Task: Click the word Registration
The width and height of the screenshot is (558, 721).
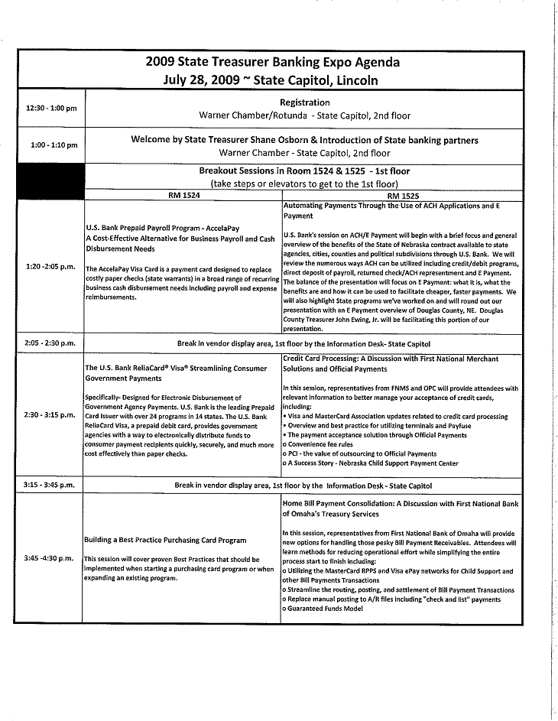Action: (305, 102)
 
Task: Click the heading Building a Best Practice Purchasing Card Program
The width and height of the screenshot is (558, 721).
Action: (165, 540)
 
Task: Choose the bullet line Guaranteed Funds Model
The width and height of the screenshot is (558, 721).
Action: (322, 608)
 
